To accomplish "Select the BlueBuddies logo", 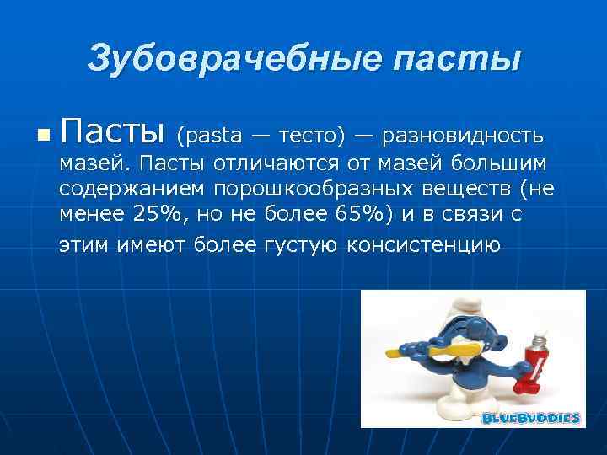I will pos(531,418).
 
